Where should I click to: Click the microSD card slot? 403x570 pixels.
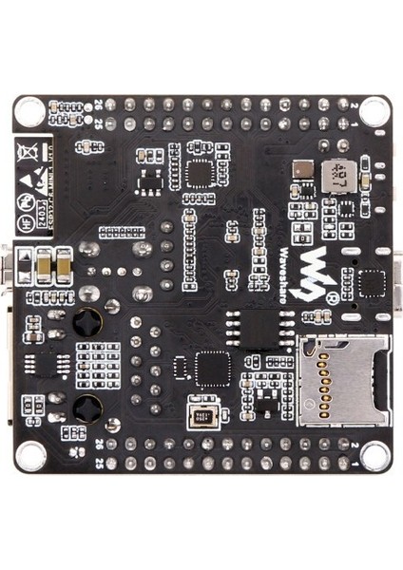coord(343,380)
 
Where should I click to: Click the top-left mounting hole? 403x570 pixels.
coord(30,111)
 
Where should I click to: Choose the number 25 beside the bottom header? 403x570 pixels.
coord(100,464)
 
